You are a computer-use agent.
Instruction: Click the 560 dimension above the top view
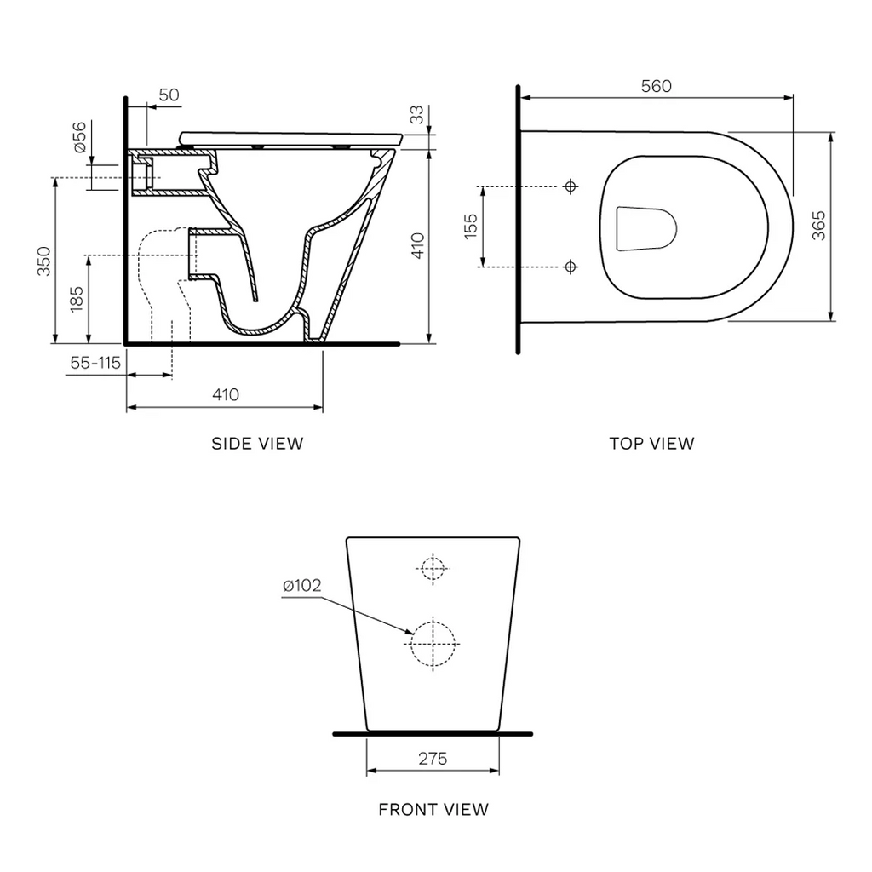tap(657, 86)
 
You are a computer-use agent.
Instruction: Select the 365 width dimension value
tap(818, 227)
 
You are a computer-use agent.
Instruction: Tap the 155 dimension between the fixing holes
tap(472, 227)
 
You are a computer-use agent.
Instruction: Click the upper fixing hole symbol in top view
tap(571, 186)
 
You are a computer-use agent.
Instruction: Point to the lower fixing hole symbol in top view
tap(571, 267)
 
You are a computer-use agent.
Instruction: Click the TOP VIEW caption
tap(651, 444)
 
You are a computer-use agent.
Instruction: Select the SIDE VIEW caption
tap(257, 444)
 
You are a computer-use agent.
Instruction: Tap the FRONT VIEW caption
tap(433, 809)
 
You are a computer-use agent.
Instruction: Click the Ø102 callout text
tap(301, 585)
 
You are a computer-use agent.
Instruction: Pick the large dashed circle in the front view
tap(433, 643)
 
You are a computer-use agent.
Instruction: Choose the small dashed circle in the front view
tap(433, 568)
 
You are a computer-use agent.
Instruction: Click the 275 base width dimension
tap(433, 759)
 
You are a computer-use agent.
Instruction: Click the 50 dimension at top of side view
tap(169, 95)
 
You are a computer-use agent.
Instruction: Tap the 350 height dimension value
tap(44, 261)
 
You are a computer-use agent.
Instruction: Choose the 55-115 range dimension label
tap(95, 363)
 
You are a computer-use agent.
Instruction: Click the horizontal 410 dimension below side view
tap(225, 394)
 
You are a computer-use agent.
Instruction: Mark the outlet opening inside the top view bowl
tap(645, 228)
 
